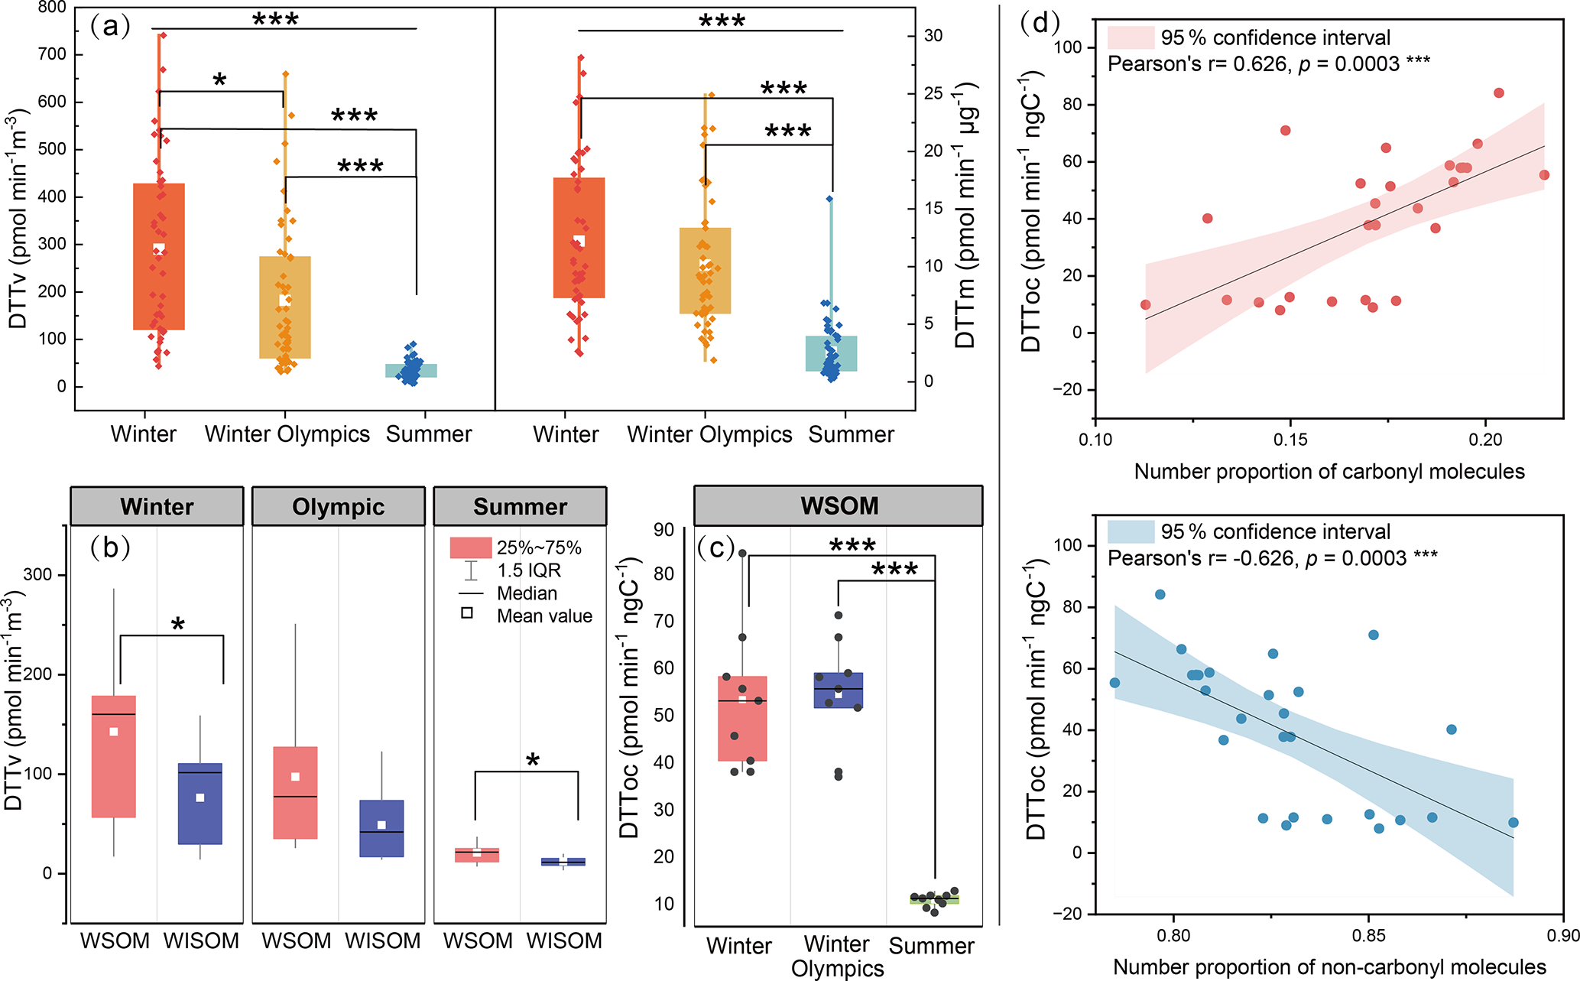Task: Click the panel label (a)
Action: pos(110,28)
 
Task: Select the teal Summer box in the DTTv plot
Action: pos(411,371)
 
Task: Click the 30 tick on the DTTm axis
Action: pos(933,36)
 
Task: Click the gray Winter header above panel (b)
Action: pos(157,506)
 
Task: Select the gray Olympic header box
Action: pos(338,506)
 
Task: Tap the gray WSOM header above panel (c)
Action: pos(839,506)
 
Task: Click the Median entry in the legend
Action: pos(527,593)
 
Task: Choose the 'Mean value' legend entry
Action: pos(544,616)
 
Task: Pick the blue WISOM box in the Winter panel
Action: pos(200,803)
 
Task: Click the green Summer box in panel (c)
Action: pos(934,899)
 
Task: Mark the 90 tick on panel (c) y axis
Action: pos(663,530)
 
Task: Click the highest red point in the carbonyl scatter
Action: pos(1498,93)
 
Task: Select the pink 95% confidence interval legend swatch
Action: pos(1131,37)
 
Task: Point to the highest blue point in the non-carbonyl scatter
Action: pos(1160,595)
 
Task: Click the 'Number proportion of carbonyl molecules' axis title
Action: pos(1329,472)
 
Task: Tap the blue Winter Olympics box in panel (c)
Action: pos(839,690)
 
